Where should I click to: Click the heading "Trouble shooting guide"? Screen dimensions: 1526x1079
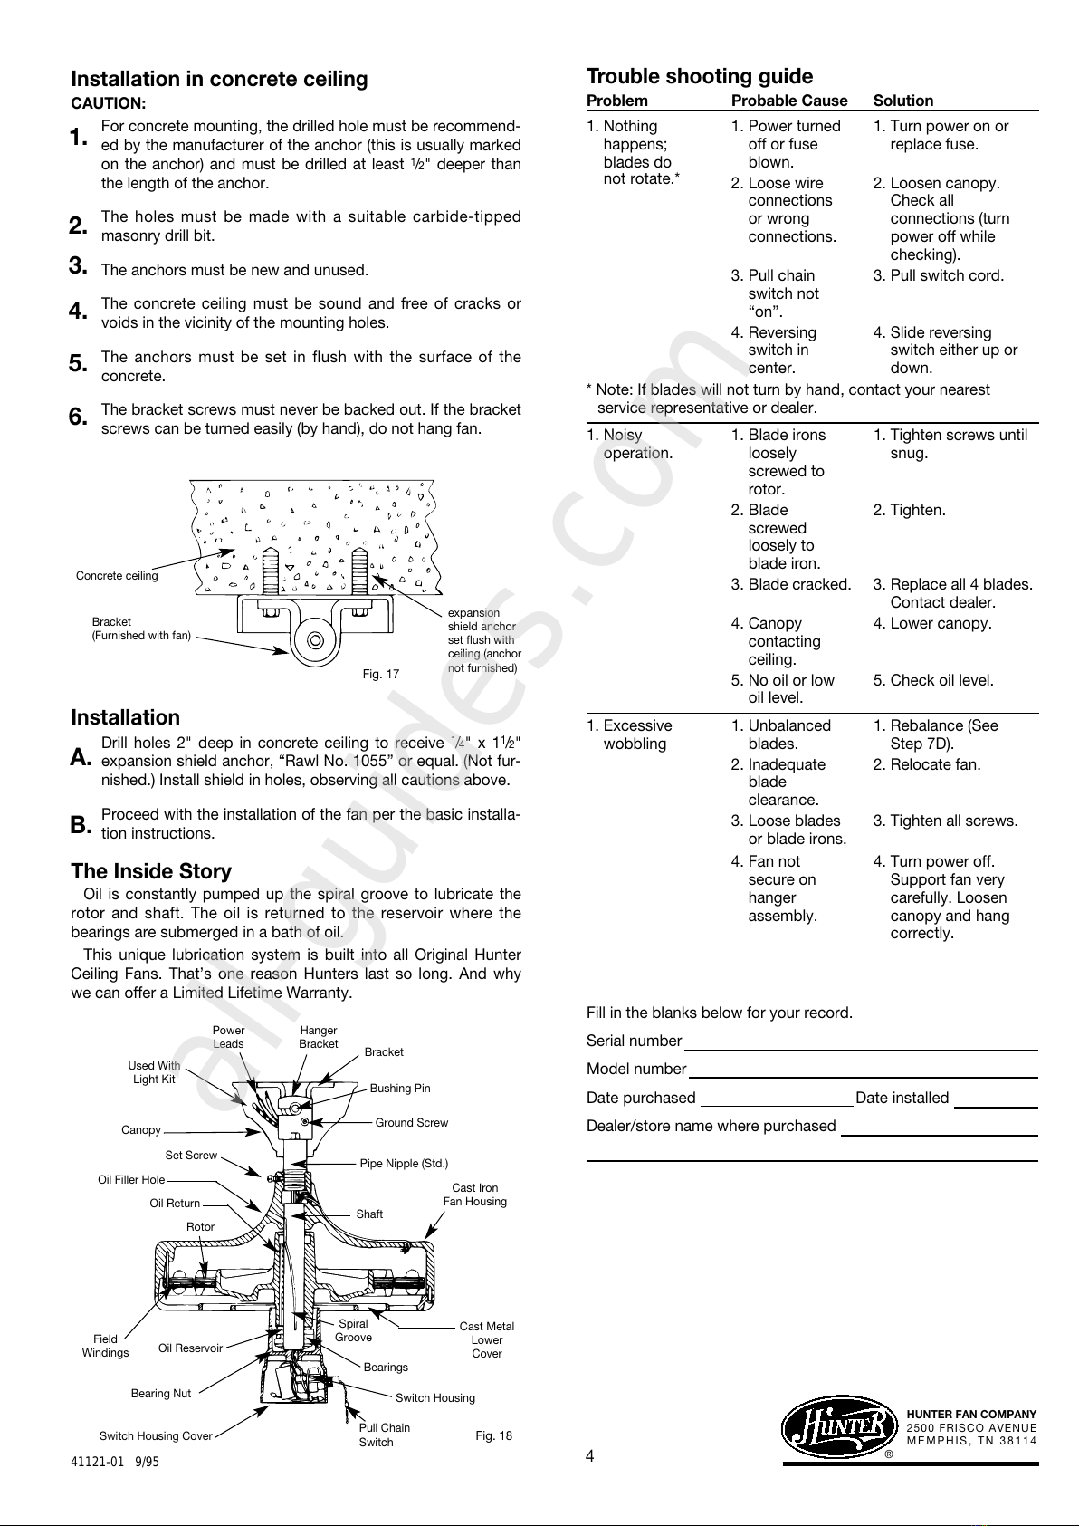[700, 76]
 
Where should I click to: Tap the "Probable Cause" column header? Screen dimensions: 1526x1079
[789, 101]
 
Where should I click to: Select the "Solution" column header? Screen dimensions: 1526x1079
[903, 101]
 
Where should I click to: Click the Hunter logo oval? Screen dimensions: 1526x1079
[836, 1428]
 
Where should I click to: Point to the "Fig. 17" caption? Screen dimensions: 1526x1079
[381, 674]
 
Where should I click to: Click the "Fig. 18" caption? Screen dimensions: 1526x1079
[493, 1435]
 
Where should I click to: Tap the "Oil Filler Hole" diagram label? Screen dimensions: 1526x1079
[131, 1180]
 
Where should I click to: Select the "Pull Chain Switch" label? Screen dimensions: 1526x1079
[384, 1435]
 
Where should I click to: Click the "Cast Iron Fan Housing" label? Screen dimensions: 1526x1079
[474, 1195]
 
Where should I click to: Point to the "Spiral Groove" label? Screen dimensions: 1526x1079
[353, 1330]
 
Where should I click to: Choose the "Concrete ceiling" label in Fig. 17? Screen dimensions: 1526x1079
[117, 576]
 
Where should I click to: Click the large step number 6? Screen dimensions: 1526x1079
[78, 417]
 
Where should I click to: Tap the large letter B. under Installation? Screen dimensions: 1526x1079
[81, 825]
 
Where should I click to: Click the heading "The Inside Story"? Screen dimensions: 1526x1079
[151, 871]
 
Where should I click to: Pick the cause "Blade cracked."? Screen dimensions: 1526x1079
[791, 584]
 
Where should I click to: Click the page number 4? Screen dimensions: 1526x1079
[590, 1456]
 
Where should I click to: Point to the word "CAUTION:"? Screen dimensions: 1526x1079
[109, 103]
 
